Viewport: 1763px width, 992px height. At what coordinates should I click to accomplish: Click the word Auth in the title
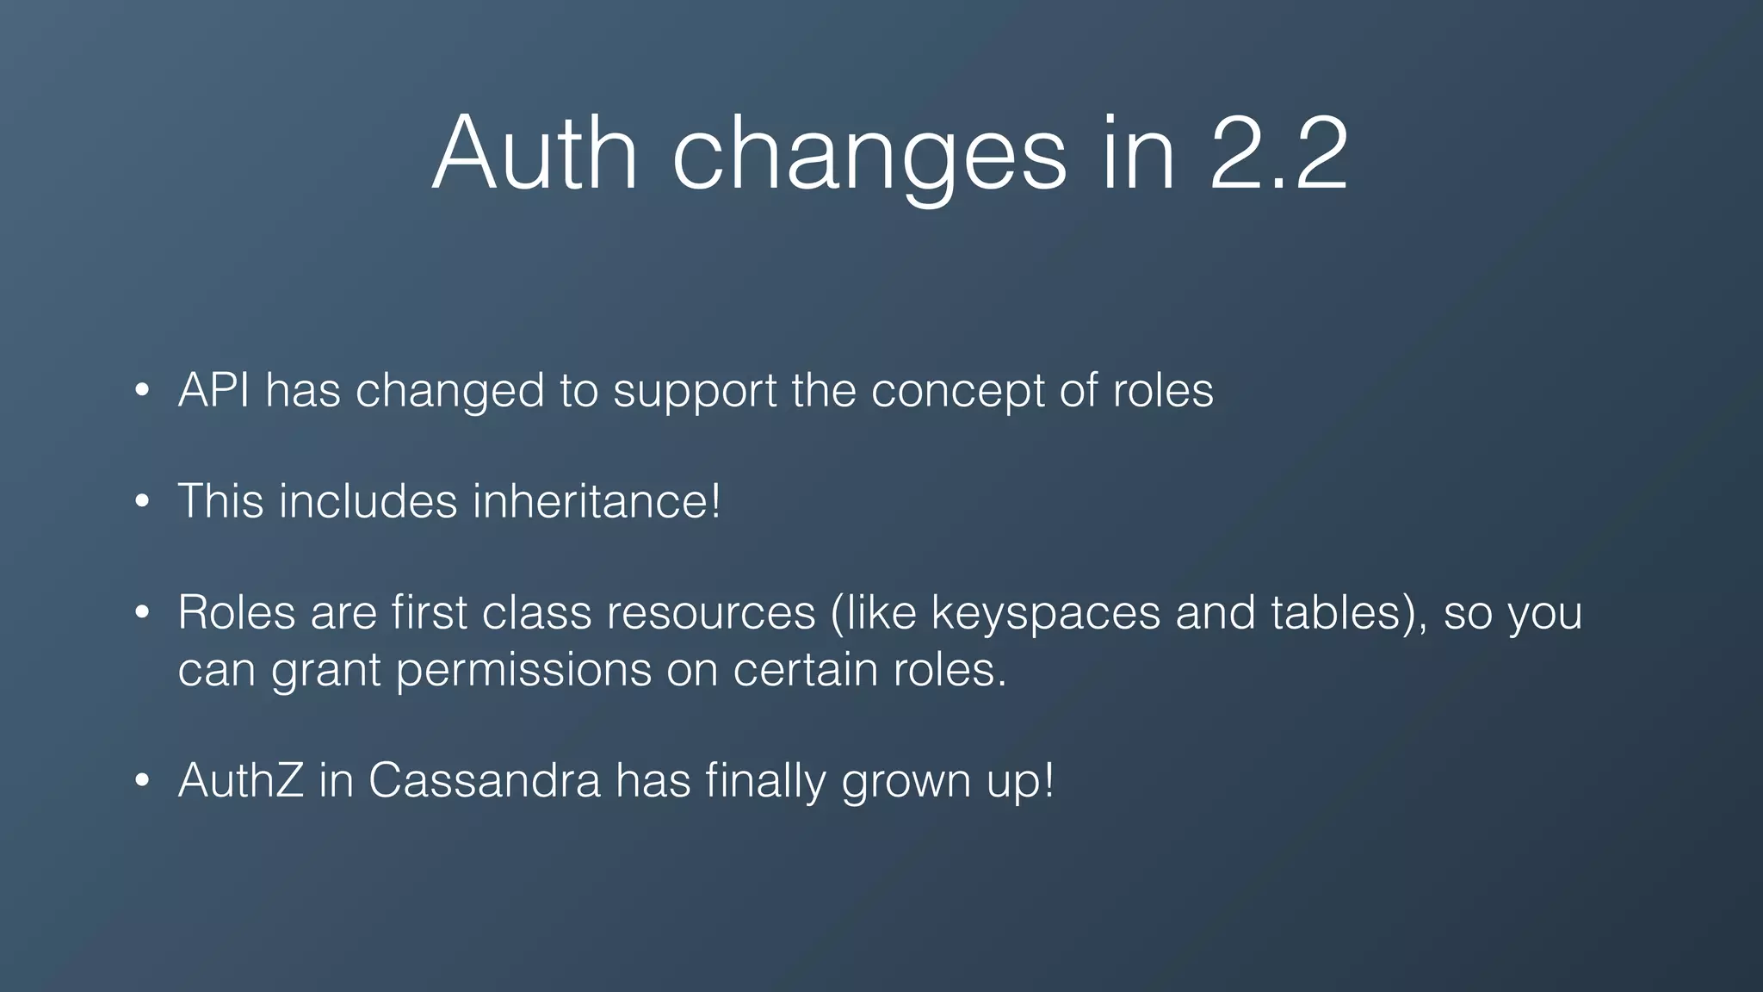[x=535, y=153]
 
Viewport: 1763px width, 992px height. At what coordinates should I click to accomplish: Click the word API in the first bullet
[x=213, y=390]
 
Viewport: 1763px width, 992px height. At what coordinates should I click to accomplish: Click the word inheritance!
[x=597, y=501]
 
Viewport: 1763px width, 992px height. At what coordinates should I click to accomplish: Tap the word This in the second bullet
[x=220, y=501]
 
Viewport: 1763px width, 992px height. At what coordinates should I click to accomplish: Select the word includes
[x=368, y=501]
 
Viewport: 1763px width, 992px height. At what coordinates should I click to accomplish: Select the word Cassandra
[x=484, y=781]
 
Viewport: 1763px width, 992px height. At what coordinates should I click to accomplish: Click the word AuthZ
[x=240, y=781]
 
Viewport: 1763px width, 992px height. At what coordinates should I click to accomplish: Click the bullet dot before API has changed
[x=143, y=391]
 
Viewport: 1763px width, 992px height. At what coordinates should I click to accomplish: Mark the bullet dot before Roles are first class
[x=143, y=613]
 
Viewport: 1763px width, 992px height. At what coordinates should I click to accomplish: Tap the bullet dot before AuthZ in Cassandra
[x=143, y=781]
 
